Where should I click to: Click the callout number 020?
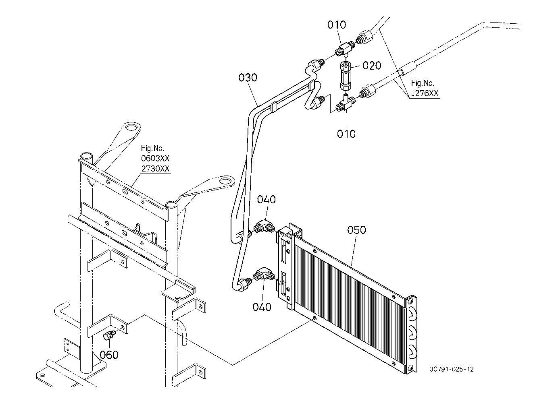coord(372,66)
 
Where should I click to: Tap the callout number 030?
coord(248,78)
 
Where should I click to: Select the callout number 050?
coord(356,230)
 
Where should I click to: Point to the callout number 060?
coord(109,355)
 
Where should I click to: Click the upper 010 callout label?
coord(337,25)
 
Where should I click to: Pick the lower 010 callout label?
coord(346,134)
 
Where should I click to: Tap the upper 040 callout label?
coord(267,200)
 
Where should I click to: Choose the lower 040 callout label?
coord(262,307)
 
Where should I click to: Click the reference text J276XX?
coord(425,93)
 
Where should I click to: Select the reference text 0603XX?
coord(155,158)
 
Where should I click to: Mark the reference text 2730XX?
coord(155,169)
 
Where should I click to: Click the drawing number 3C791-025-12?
coord(452,369)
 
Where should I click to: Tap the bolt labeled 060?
coord(108,335)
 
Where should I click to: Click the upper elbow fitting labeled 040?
coord(264,226)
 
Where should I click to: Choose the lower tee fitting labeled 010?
coord(345,104)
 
